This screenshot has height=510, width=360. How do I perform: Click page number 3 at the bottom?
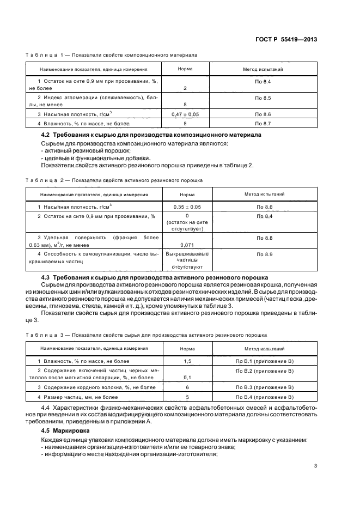pos(315,465)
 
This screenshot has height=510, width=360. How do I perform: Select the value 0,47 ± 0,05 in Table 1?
pos(185,114)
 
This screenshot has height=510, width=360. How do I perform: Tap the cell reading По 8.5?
pos(263,98)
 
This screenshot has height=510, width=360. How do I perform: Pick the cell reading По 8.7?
pos(263,124)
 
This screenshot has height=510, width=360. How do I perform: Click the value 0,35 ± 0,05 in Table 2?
pos(187,207)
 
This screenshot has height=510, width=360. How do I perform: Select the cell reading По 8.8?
pos(264,238)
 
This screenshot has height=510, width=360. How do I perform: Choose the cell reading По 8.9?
pos(264,254)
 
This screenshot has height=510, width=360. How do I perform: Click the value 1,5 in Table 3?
pos(187,361)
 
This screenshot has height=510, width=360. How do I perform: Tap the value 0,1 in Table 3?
pos(187,377)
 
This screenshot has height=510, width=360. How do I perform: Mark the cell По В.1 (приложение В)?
pos(264,361)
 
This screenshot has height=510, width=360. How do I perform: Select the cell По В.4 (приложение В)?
pos(264,397)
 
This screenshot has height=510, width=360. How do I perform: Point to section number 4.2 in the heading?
pos(46,135)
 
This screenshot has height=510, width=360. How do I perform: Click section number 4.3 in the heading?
pos(46,277)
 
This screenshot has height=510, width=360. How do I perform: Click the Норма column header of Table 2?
pos(187,194)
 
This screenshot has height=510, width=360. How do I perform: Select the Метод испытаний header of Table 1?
pos(263,69)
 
